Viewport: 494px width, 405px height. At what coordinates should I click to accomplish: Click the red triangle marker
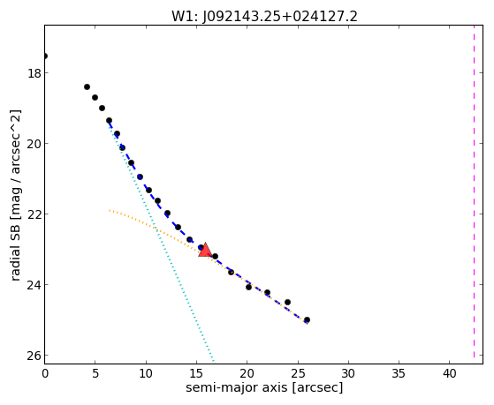[205, 250]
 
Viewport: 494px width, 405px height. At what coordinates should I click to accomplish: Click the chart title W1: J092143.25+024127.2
[264, 16]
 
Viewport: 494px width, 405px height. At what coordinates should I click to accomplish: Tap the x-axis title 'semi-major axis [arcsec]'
[264, 387]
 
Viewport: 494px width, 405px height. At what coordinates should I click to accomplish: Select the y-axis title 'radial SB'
[15, 247]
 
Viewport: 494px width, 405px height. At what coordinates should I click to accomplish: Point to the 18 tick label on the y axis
[34, 73]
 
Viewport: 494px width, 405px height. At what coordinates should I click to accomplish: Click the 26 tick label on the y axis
[34, 356]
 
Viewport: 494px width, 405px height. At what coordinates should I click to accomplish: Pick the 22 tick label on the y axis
[34, 214]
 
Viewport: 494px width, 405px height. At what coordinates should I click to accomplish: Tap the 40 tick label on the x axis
[450, 373]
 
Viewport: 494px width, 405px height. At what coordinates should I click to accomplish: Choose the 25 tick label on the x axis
[298, 373]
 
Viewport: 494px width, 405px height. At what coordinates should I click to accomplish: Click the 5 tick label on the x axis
[95, 373]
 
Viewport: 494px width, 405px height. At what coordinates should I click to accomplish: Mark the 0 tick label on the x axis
[45, 373]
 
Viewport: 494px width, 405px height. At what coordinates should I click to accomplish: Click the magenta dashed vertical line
[474, 194]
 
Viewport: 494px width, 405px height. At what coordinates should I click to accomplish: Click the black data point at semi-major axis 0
[45, 56]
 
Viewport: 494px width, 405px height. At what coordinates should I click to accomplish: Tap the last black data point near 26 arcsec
[307, 319]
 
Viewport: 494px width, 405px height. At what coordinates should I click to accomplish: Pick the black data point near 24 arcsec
[287, 302]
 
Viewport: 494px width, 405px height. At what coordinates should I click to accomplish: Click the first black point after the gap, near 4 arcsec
[87, 86]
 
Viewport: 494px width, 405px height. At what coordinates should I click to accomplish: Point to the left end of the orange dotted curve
[110, 210]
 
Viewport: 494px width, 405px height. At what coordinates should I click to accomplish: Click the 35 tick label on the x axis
[399, 373]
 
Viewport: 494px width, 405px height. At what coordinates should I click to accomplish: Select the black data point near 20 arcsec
[248, 287]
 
